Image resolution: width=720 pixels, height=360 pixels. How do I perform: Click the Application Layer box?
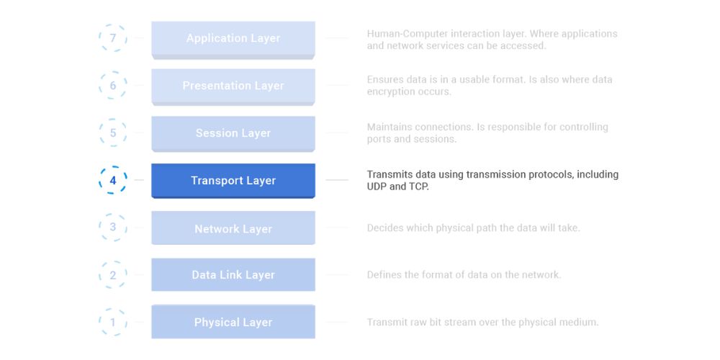[233, 39]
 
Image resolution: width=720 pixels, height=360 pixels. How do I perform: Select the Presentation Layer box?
[233, 86]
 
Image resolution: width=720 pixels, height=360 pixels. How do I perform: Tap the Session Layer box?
[233, 134]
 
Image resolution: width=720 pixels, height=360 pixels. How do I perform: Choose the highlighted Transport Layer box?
[233, 181]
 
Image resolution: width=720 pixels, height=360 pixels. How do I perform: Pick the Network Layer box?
[233, 228]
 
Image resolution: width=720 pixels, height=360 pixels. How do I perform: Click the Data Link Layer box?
[233, 275]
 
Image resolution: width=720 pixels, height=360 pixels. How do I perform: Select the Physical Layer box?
[233, 322]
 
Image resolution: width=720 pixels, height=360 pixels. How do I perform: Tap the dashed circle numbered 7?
[113, 38]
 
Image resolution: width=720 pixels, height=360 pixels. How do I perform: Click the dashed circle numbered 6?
[113, 86]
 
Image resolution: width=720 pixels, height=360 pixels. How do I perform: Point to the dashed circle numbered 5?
[113, 133]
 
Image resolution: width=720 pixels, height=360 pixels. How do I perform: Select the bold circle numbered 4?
[113, 181]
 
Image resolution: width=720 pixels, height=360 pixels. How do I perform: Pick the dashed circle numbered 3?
[113, 228]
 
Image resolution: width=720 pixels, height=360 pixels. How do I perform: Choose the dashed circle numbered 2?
[113, 275]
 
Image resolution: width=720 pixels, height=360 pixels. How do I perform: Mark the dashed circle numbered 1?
[113, 322]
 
